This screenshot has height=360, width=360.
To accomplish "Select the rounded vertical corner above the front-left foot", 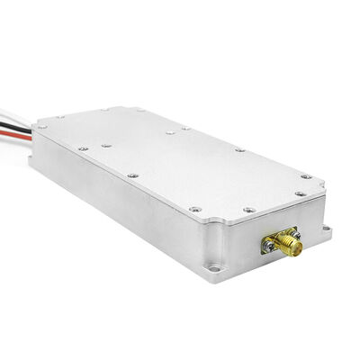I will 210,239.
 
